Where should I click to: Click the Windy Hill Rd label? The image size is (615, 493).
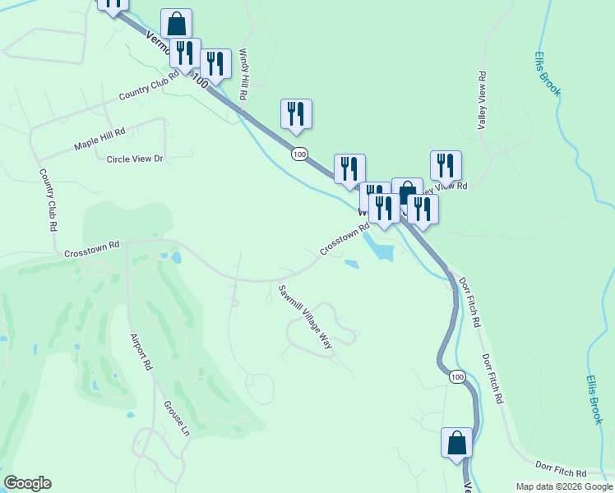pos(243,74)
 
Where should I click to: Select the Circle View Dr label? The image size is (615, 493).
pos(136,159)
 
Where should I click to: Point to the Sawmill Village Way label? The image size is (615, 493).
pos(303,317)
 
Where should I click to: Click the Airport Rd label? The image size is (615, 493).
pos(141,351)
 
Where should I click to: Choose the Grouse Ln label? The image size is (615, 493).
pos(176,419)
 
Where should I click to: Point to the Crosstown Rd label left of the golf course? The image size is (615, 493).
pos(92,250)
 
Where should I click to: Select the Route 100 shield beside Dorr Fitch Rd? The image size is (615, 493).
pos(457,376)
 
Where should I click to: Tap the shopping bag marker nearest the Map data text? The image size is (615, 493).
pos(457,443)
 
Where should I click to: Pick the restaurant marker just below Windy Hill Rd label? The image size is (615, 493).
pos(296,114)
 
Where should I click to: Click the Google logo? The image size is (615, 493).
pos(27,483)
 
